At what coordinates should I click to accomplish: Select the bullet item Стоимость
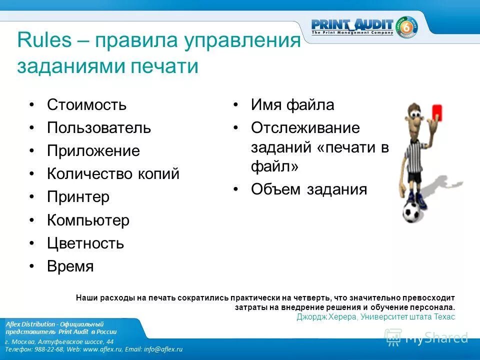point(86,105)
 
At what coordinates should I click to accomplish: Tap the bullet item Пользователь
point(98,128)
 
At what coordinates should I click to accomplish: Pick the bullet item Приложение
point(93,151)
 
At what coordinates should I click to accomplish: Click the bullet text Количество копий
point(113,174)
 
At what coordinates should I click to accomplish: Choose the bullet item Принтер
point(78,197)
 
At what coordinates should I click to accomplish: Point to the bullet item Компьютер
point(88,220)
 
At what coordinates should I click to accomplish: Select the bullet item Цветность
point(85,243)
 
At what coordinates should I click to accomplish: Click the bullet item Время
point(70,266)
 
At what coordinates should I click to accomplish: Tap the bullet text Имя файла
point(292,105)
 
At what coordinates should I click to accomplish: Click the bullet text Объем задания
point(309,189)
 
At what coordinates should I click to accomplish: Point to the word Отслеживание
point(305,128)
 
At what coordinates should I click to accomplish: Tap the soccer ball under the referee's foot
point(413,211)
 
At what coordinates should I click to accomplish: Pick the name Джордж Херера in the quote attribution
point(326,317)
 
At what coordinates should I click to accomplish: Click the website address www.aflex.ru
point(103,349)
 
